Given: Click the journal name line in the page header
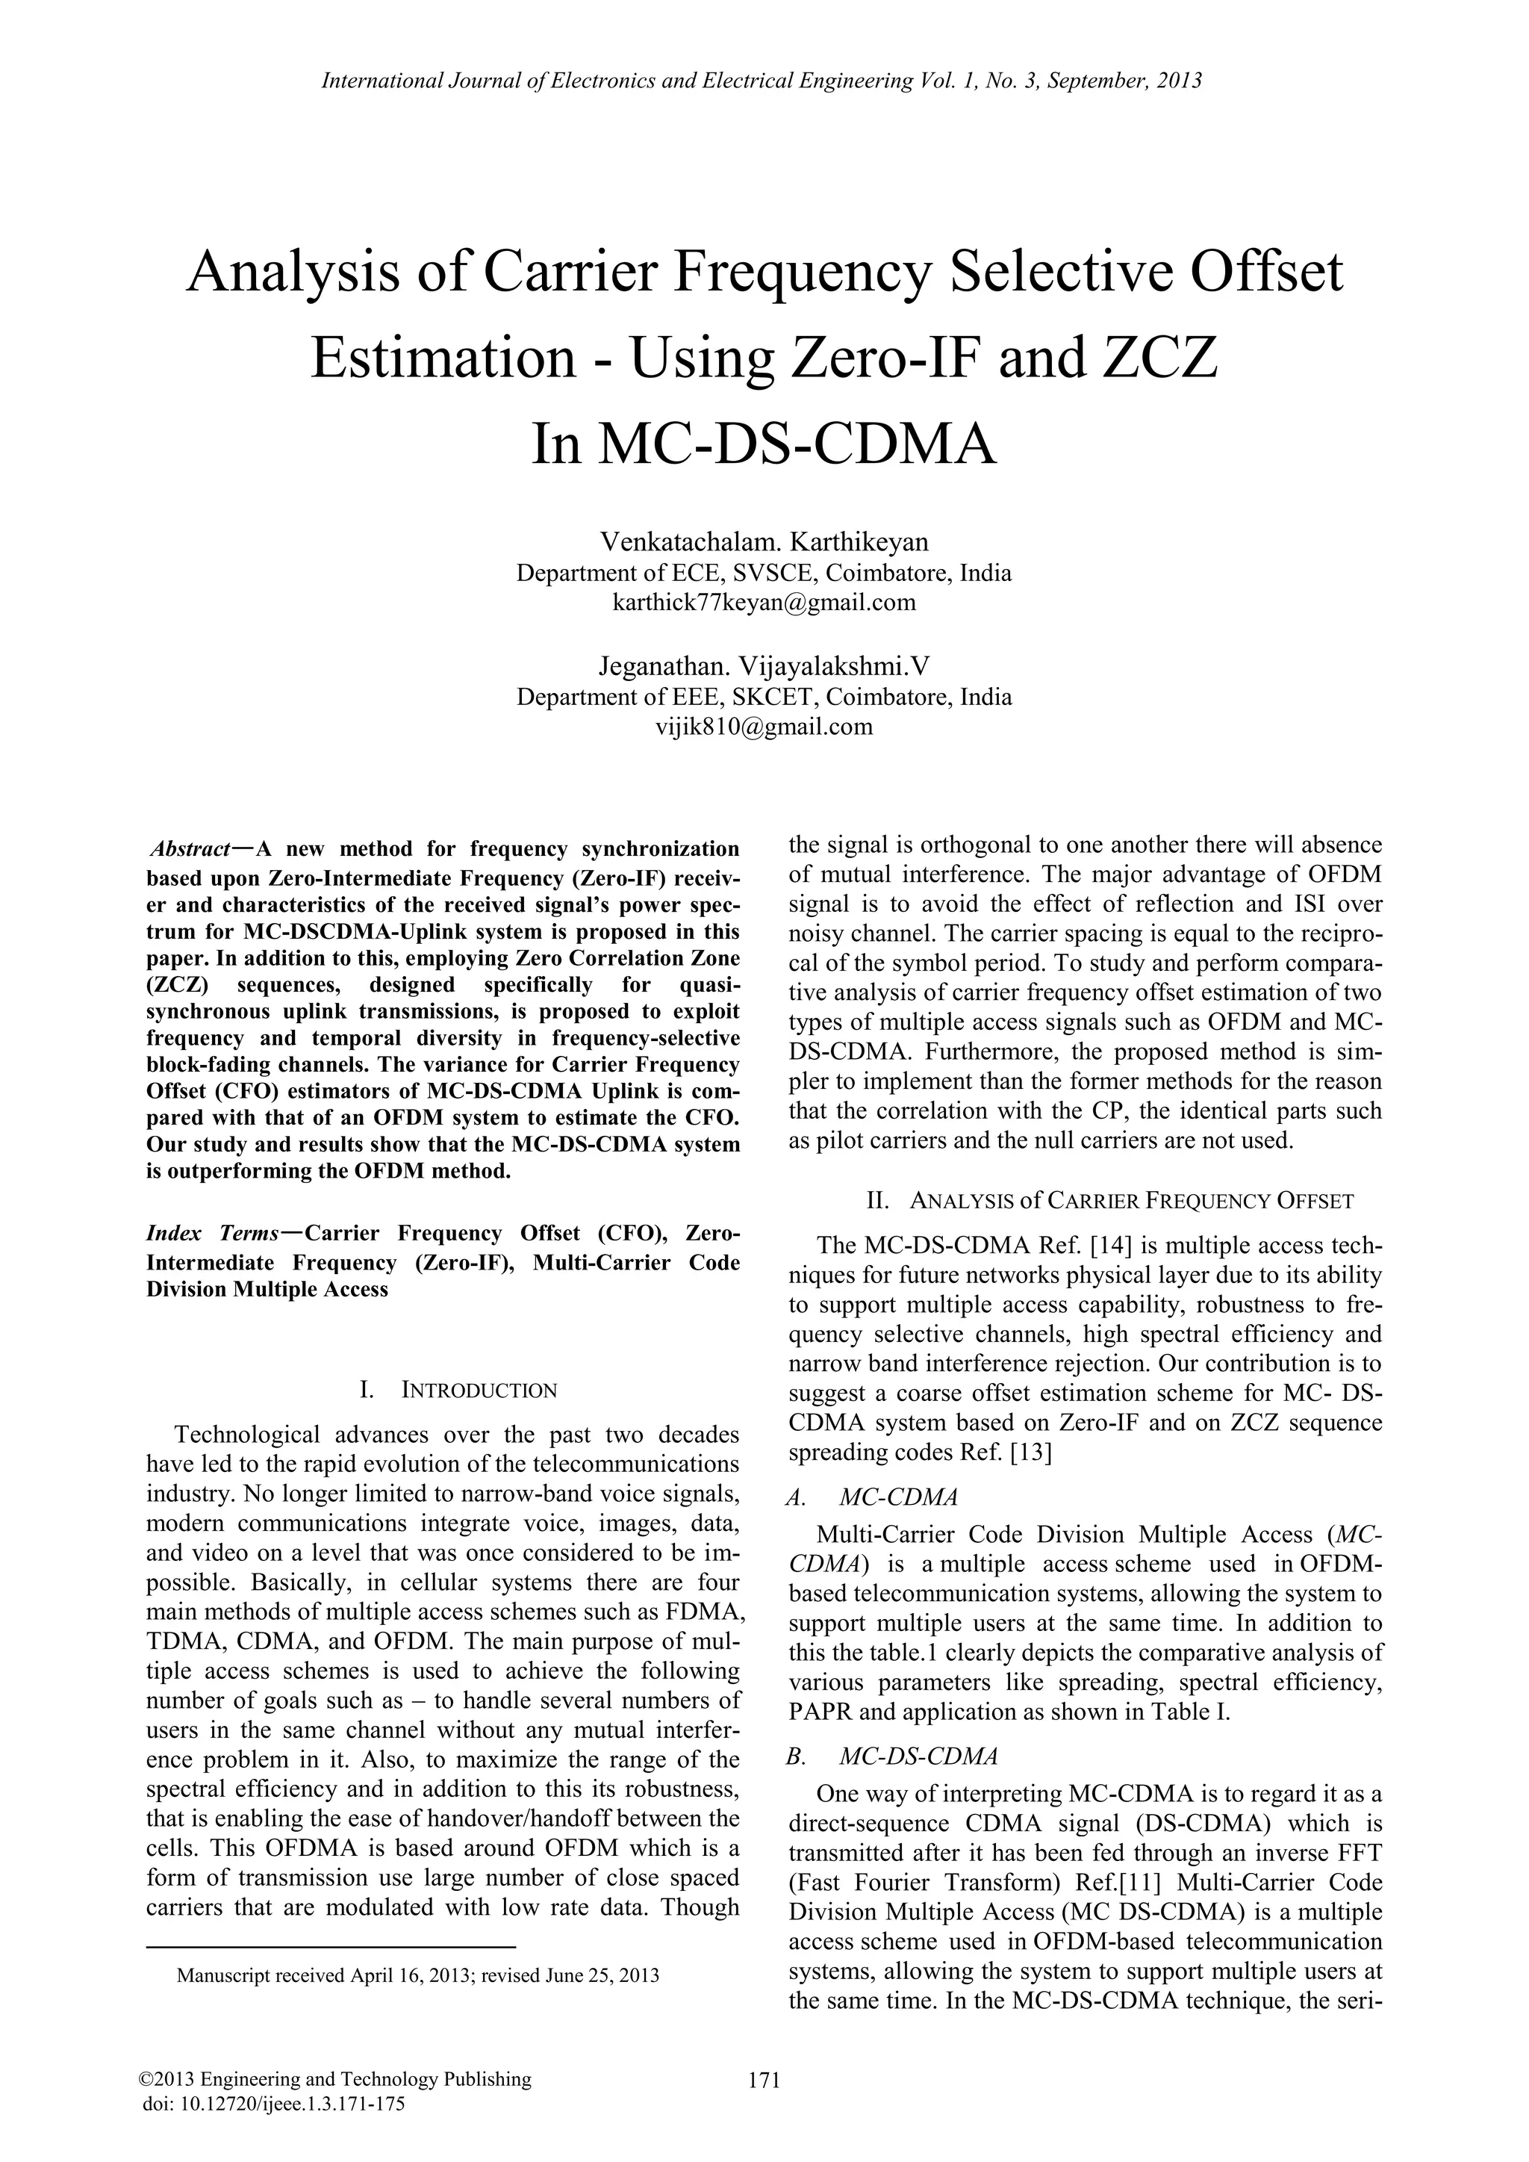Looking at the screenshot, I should click(x=762, y=81).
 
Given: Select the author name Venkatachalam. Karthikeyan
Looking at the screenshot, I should click(x=764, y=541).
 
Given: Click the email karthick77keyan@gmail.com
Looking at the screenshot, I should click(x=764, y=603).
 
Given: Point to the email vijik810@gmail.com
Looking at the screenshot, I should click(x=764, y=727).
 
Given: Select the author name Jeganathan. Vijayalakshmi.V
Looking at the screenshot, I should click(x=764, y=667).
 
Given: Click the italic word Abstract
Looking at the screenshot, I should click(x=190, y=849).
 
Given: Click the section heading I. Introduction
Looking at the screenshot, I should click(x=458, y=1390).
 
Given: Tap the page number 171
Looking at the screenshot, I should click(x=764, y=2080).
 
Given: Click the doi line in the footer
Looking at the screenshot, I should click(x=272, y=2104).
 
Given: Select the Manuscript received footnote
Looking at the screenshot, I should click(x=417, y=1975).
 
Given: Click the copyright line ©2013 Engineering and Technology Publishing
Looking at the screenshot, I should click(x=335, y=2080).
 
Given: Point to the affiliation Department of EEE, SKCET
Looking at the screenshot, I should click(x=764, y=698).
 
